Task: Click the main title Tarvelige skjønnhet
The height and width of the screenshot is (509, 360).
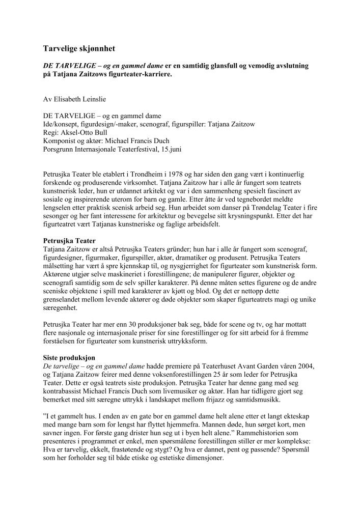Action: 79,49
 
